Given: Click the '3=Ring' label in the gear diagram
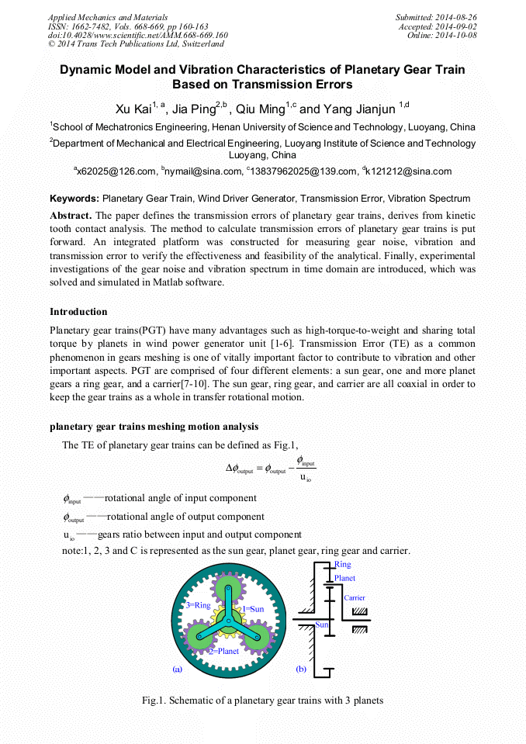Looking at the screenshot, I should pyautogui.click(x=198, y=605).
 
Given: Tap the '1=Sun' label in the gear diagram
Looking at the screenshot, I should pyautogui.click(x=253, y=609).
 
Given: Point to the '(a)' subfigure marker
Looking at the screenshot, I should pyautogui.click(x=177, y=668).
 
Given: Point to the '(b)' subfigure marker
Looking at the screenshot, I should pyautogui.click(x=301, y=668).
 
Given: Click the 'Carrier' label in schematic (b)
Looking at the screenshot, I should pyautogui.click(x=354, y=598).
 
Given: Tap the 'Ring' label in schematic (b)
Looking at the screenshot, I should pyautogui.click(x=342, y=565).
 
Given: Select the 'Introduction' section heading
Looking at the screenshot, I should pyautogui.click(x=78, y=312).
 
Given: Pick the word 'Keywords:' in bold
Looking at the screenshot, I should pyautogui.click(x=74, y=199).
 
